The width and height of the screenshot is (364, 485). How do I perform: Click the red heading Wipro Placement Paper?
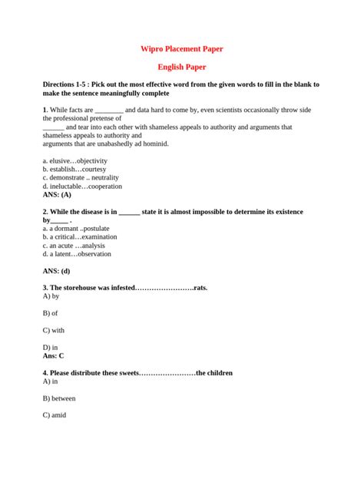[181, 48]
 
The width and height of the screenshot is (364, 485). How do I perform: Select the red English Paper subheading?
[181, 68]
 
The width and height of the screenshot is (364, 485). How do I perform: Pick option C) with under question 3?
[54, 330]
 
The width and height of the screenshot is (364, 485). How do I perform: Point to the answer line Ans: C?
[54, 355]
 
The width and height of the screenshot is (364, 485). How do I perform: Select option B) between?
[59, 398]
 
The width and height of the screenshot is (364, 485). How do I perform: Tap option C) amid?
[55, 415]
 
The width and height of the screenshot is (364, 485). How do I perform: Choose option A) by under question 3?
[51, 296]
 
